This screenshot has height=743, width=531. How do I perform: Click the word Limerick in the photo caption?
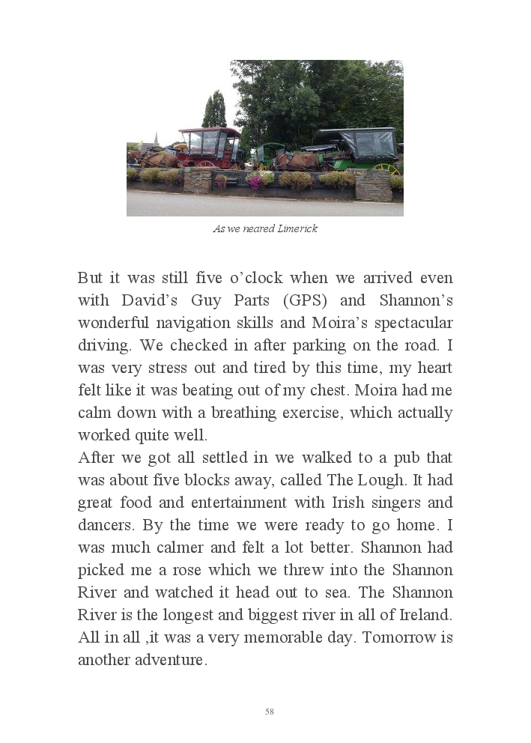point(298,229)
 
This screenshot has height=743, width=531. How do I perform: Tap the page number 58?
point(270,712)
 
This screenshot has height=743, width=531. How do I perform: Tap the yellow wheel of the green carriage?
point(383,169)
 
